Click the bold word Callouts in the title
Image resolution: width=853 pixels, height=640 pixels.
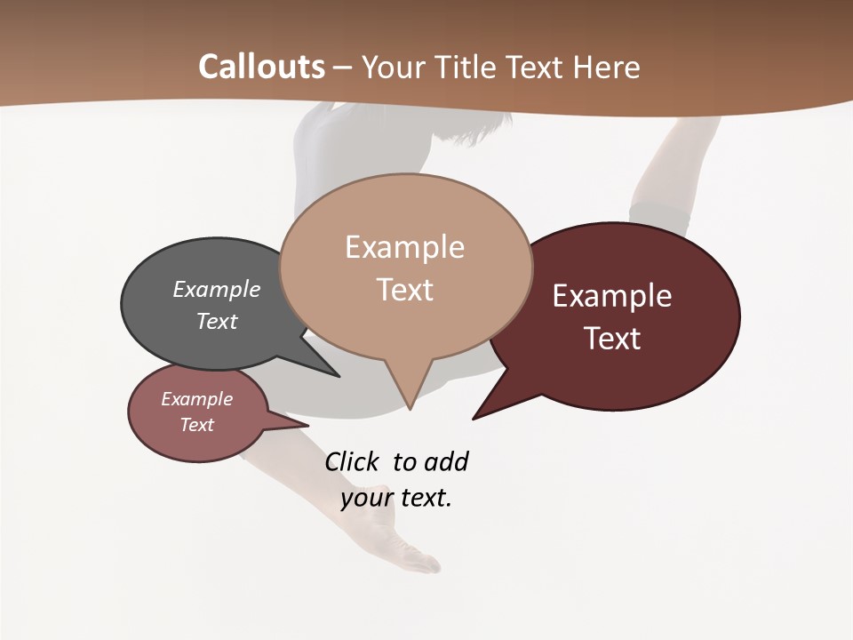tap(261, 67)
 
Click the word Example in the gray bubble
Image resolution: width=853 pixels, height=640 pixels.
tap(217, 289)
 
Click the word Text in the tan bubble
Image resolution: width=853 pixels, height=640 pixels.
tap(405, 290)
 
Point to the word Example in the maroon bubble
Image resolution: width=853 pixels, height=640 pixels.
tap(612, 296)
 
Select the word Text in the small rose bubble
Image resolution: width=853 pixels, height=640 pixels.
tap(197, 425)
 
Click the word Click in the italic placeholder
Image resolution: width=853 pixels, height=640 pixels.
tap(352, 461)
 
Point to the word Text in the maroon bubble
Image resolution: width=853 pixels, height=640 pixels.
tap(612, 339)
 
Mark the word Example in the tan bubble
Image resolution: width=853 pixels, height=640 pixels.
tap(405, 247)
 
